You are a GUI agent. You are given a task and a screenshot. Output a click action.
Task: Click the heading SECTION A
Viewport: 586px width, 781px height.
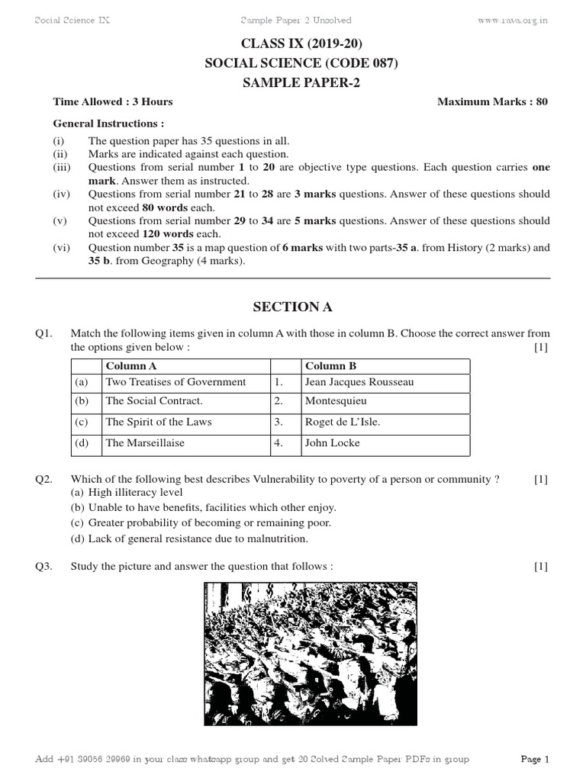coord(293,307)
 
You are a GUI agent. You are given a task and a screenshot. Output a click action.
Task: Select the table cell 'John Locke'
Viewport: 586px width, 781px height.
coord(332,443)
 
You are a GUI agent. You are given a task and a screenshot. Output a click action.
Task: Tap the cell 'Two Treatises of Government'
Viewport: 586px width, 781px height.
coord(175,382)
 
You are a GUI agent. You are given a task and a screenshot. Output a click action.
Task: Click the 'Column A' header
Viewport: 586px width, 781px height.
coord(131,366)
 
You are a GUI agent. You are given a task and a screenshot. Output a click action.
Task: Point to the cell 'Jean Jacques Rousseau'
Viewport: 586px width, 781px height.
coord(359,382)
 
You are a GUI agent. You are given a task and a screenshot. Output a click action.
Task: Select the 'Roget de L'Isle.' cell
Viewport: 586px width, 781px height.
coord(342,422)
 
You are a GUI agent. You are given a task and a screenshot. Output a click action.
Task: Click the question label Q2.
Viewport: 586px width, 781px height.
coord(43,480)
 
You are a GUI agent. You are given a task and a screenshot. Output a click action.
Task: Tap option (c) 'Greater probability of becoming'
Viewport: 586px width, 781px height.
coord(201,523)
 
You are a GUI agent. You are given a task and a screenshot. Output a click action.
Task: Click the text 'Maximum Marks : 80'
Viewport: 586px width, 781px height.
coord(492,101)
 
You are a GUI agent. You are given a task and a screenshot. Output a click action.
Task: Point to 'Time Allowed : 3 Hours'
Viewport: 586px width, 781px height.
coord(113,101)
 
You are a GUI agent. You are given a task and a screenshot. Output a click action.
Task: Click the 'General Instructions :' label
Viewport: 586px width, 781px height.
coord(108,123)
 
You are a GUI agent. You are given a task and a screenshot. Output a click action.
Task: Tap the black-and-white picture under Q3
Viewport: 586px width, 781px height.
coord(311,653)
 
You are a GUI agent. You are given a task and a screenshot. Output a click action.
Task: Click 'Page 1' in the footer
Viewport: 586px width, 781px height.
coord(535,760)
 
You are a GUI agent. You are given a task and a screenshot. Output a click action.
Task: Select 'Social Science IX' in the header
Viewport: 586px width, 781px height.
coord(72,21)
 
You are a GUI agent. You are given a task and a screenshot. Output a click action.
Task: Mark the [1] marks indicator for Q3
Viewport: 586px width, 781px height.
coord(541,567)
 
